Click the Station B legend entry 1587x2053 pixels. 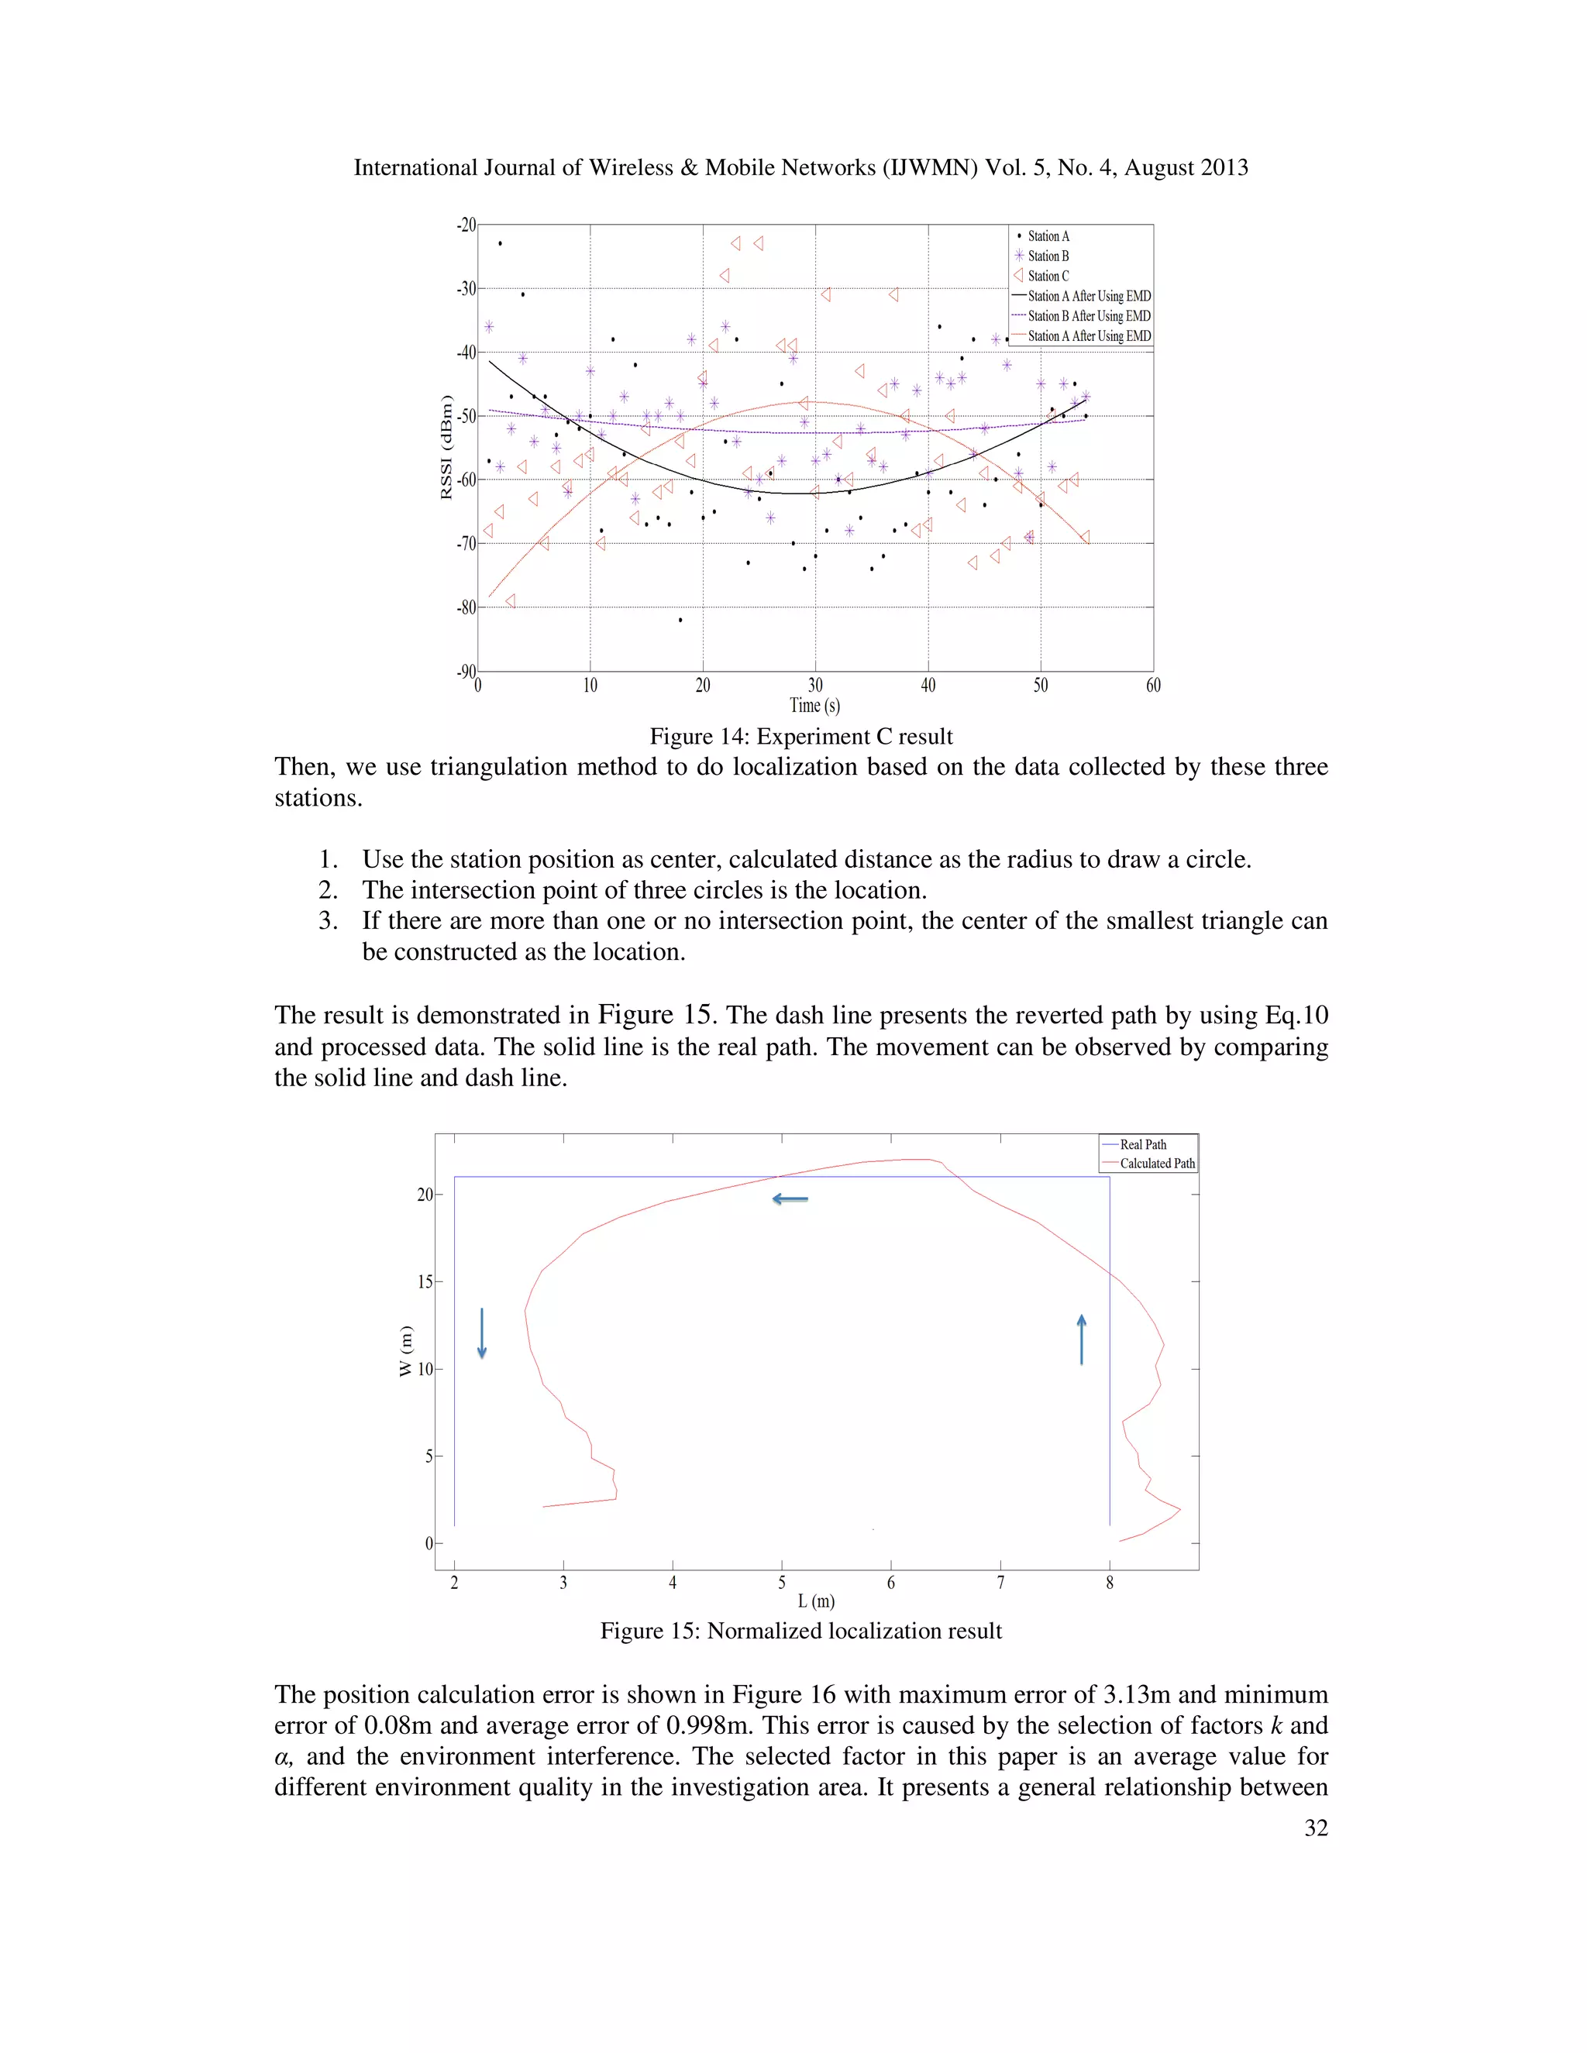click(1048, 256)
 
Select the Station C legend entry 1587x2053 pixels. click(1048, 277)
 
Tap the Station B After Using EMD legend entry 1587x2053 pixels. click(1088, 316)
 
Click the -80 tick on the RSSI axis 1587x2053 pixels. click(466, 607)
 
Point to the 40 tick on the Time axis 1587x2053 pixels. click(928, 686)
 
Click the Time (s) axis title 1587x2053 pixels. click(814, 705)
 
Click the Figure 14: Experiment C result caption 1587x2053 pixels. click(801, 736)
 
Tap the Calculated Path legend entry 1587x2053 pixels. click(1156, 1163)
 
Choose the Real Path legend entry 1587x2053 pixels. click(1142, 1144)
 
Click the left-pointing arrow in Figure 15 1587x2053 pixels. click(790, 1198)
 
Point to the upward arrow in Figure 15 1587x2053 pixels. click(1081, 1339)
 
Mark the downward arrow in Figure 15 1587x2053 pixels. click(482, 1333)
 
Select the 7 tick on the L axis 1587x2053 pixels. click(1000, 1583)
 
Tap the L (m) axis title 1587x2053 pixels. click(816, 1601)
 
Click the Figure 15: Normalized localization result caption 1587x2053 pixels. click(801, 1631)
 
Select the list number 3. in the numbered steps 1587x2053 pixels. click(328, 920)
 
